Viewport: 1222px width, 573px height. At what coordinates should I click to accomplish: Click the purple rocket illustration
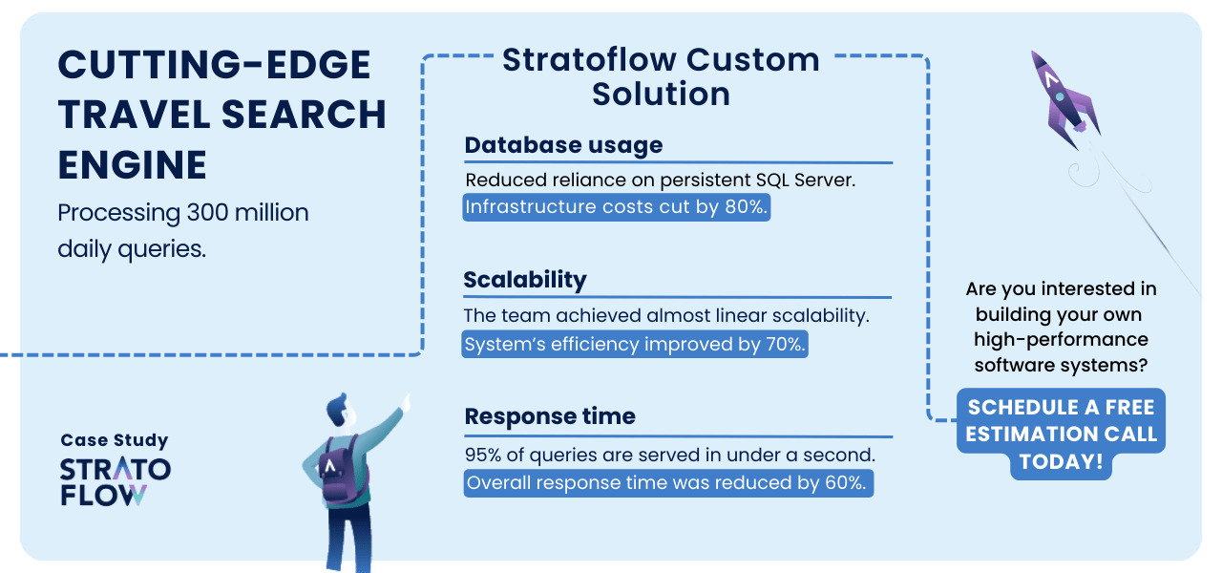1064,98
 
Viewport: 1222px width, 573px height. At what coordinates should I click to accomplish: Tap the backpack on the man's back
342,470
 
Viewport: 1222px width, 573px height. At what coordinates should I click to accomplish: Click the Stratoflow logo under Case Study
116,482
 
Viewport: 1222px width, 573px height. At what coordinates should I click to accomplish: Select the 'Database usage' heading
563,145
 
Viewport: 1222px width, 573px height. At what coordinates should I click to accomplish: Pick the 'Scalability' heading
525,280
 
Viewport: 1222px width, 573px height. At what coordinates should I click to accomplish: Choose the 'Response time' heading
550,415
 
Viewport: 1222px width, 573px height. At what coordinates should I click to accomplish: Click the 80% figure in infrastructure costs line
747,207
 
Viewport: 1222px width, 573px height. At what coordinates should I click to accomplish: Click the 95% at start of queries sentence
483,455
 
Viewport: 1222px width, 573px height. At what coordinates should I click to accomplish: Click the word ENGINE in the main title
133,165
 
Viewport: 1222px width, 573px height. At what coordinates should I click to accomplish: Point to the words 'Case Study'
115,440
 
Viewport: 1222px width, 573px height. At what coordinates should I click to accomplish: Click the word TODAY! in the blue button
1061,461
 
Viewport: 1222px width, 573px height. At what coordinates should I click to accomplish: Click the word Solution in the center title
662,94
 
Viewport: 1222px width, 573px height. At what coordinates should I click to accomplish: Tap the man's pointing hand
406,403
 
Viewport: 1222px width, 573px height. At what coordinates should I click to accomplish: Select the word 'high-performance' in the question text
1061,339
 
